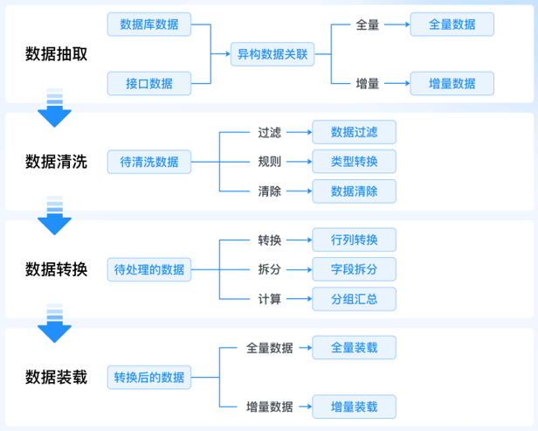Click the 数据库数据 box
click(x=148, y=24)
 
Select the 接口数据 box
click(x=148, y=84)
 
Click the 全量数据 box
click(x=452, y=24)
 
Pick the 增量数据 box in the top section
click(x=452, y=84)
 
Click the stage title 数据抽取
click(x=57, y=54)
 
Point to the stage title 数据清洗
click(x=57, y=162)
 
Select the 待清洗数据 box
click(x=148, y=162)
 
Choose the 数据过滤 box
click(x=354, y=133)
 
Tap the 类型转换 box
click(x=354, y=162)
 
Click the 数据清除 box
click(x=354, y=191)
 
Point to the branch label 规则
click(x=269, y=162)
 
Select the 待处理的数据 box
click(x=149, y=269)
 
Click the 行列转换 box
click(x=354, y=240)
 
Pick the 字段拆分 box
click(x=354, y=269)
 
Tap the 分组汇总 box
click(x=354, y=299)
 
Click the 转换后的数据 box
click(x=149, y=378)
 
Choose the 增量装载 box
click(x=354, y=407)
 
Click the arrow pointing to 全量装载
click(x=301, y=347)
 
